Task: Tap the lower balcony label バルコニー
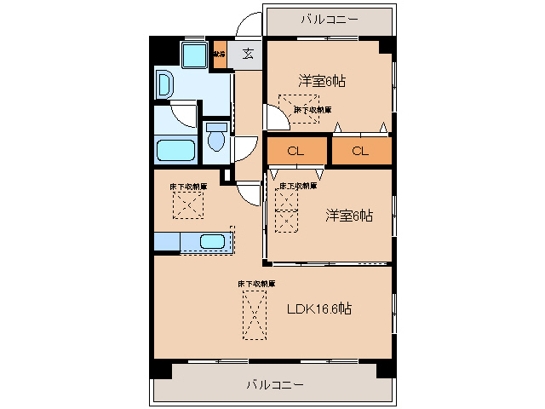click(274, 385)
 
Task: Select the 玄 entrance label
click(248, 55)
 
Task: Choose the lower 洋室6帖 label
click(348, 216)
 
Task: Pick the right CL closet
click(360, 151)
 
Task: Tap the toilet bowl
click(216, 138)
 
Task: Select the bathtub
click(177, 151)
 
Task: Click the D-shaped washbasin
click(164, 84)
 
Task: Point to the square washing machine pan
click(195, 55)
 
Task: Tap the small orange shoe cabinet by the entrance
click(220, 55)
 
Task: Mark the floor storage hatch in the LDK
click(253, 314)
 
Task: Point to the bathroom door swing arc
click(184, 112)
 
